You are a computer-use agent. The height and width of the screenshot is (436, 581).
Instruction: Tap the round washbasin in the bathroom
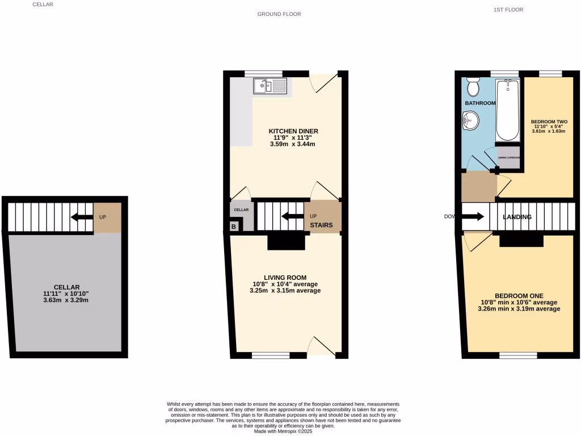pos(470,120)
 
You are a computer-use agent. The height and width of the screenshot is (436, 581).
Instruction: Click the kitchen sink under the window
pos(271,86)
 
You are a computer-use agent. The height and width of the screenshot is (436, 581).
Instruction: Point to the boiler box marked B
pos(233,227)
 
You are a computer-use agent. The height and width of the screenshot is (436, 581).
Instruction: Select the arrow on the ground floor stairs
pos(292,216)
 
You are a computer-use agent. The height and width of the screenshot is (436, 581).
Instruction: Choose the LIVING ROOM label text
pos(285,278)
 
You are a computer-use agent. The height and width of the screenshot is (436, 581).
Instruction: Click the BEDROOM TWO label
pos(549,122)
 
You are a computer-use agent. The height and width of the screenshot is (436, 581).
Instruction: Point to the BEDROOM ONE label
pos(519,296)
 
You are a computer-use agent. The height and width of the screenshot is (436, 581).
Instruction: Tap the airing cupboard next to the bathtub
pos(508,158)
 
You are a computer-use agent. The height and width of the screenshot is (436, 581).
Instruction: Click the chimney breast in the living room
pos(287,242)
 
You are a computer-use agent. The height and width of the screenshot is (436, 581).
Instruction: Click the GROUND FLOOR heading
pos(279,14)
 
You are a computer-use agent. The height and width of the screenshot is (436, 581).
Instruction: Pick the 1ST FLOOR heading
pos(508,10)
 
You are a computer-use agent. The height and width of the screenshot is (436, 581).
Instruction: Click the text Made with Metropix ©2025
pos(283,431)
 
